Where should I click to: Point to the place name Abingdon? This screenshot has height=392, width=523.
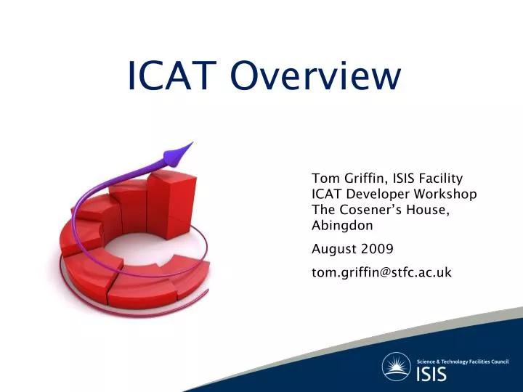[x=342, y=226]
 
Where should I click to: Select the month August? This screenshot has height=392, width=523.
[x=333, y=250]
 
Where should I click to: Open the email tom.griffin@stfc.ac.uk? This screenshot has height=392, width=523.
[x=381, y=272]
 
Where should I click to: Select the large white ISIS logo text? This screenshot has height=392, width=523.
[x=431, y=375]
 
